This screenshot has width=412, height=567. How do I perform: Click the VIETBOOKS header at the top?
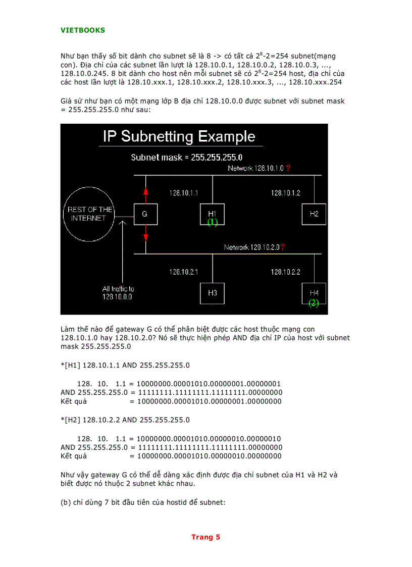tap(83, 30)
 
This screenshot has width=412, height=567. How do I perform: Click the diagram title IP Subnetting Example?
tap(179, 136)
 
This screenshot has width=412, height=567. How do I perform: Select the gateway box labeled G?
tap(145, 214)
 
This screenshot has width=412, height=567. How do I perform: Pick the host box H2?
tap(314, 214)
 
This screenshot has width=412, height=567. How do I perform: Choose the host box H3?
tap(213, 293)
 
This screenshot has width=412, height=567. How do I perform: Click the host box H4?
tap(314, 293)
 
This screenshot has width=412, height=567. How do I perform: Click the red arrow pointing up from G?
tap(145, 194)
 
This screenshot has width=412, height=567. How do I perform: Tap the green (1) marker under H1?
tap(213, 222)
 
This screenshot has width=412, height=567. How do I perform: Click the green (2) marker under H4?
tap(314, 303)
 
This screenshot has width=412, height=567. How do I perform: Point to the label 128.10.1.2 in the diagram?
tap(285, 193)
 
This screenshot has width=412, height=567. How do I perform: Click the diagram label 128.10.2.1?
tap(183, 272)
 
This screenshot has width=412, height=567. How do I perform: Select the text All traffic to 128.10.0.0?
tap(118, 293)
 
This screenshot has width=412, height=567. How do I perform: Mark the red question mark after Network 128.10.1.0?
tap(288, 169)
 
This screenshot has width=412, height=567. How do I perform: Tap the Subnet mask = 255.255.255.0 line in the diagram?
tap(187, 157)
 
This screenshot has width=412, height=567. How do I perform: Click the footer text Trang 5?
tap(205, 537)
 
